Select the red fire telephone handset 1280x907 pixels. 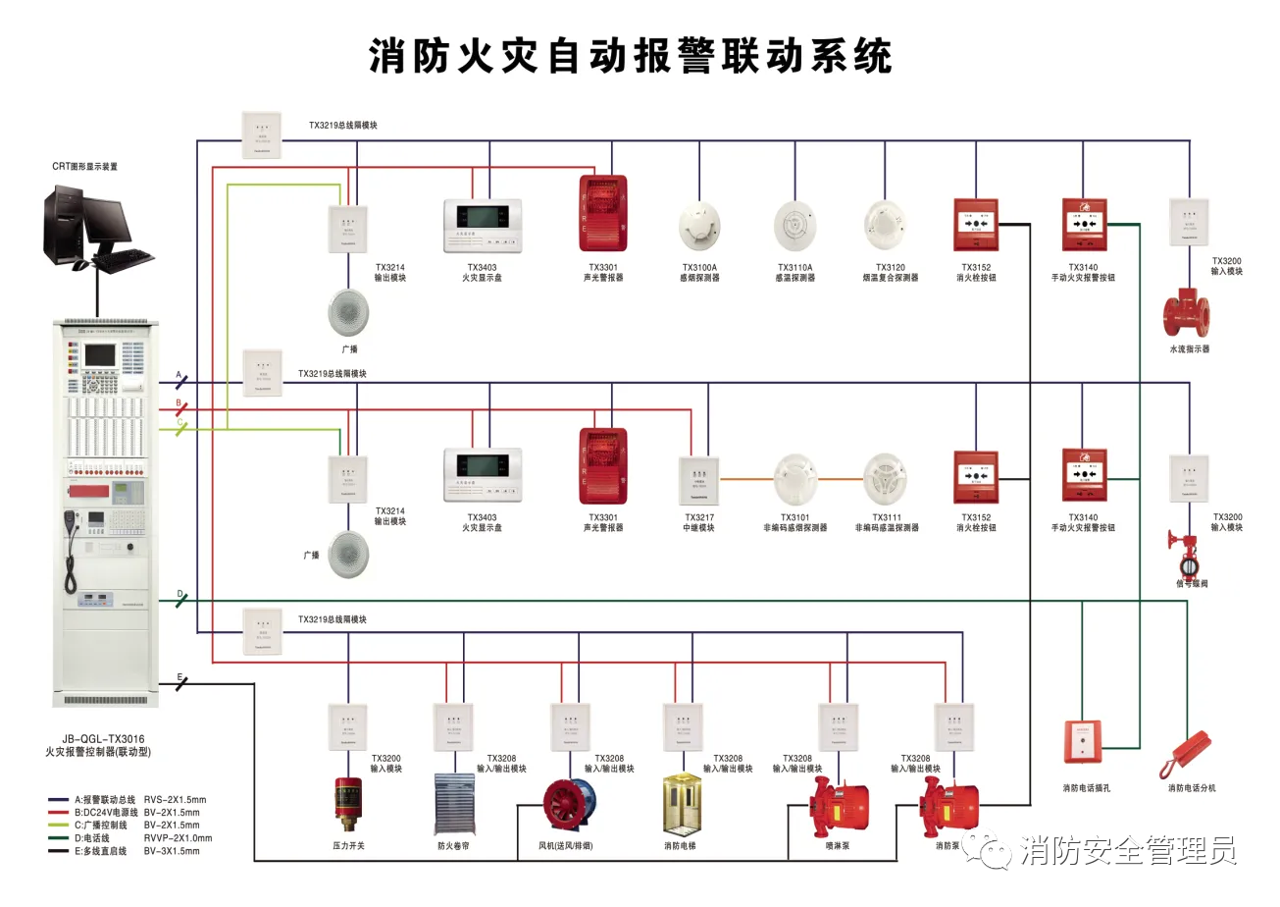pos(1185,755)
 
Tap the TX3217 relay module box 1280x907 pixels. pos(699,481)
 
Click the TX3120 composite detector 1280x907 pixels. pos(886,227)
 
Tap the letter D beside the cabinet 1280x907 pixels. pos(179,594)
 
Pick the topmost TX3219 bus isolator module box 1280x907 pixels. pos(262,134)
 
